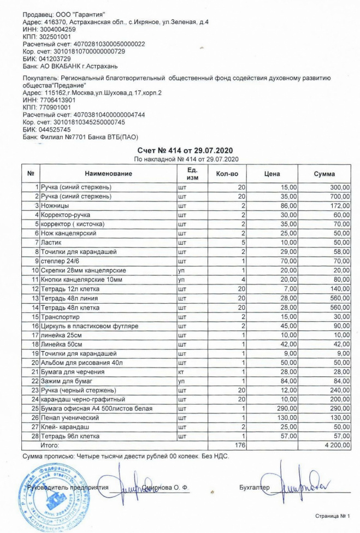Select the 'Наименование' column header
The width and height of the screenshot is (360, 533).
click(108, 174)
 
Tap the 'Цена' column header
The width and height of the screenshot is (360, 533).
click(272, 174)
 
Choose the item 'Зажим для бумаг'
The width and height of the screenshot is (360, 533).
click(66, 381)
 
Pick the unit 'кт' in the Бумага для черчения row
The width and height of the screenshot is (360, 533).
click(181, 371)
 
